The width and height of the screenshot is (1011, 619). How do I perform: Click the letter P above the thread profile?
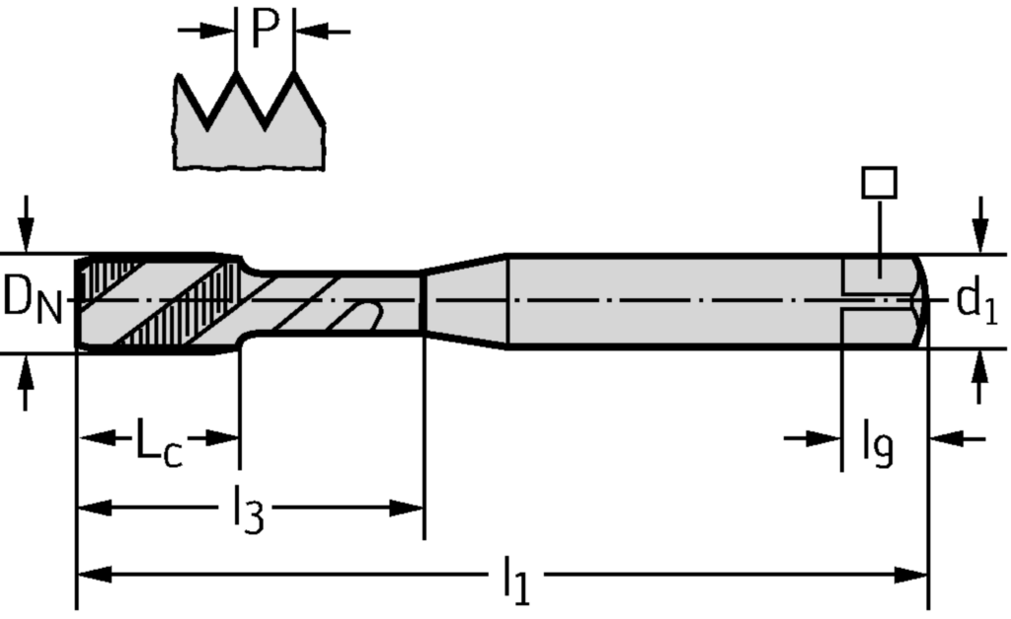click(265, 29)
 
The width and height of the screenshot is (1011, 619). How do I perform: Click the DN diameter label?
click(32, 299)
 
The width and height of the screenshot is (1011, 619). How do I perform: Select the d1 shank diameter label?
click(976, 302)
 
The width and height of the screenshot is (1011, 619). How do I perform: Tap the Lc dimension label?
click(159, 444)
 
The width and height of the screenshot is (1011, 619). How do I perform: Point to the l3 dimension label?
click(248, 512)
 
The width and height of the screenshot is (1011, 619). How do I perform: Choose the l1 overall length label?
click(515, 580)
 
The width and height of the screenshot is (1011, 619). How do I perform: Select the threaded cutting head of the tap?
click(158, 300)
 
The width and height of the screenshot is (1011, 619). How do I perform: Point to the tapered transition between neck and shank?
click(464, 300)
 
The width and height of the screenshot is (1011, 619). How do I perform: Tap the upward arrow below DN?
click(27, 380)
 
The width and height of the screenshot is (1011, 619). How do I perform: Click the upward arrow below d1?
click(979, 380)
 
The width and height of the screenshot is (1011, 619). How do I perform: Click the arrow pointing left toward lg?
click(948, 436)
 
